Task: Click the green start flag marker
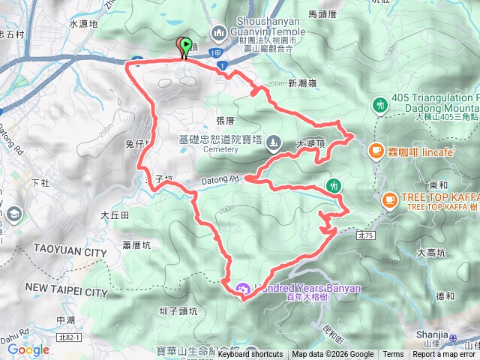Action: [185, 46]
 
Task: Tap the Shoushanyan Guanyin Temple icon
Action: [219, 32]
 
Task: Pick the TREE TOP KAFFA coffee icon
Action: [389, 199]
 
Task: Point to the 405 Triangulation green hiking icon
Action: [379, 105]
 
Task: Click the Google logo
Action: [28, 349]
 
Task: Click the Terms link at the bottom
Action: [393, 355]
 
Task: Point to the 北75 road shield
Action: [365, 235]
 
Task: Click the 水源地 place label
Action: [83, 24]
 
